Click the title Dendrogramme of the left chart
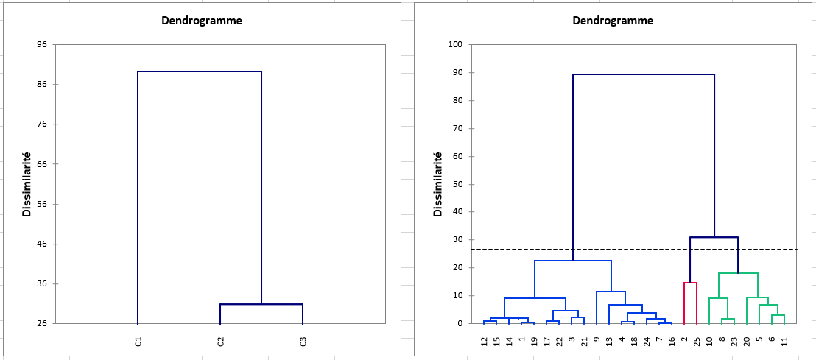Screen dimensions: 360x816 pos(202,21)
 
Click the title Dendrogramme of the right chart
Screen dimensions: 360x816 pos(613,21)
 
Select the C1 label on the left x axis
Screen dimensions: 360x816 pos(138,342)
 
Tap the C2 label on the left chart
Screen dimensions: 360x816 pos(220,342)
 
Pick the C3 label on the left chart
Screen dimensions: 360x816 pos(303,342)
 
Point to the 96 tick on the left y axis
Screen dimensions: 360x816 pos(41,45)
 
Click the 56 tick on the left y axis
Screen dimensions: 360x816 pos(41,204)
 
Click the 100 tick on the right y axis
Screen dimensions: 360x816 pos(454,45)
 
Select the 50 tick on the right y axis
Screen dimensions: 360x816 pos(457,184)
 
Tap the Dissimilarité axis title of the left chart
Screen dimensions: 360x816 pos(27,184)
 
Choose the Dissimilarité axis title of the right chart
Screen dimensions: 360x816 pos(437,184)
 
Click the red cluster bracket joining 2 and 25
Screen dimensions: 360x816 pos(690,283)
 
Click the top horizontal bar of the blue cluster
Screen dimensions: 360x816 pos(573,261)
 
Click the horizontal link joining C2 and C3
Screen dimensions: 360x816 pos(261,304)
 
